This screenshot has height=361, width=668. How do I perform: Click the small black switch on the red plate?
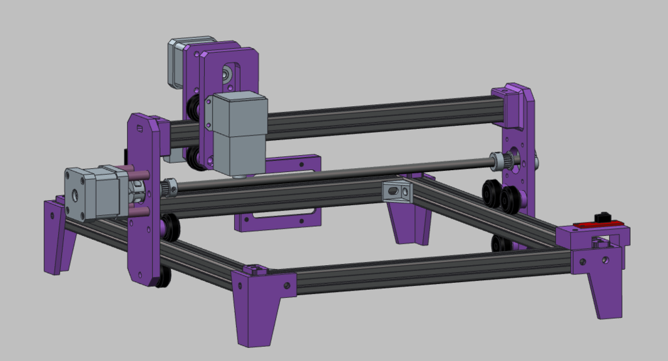[x=603, y=216]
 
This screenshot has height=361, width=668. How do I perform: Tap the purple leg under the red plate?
[x=604, y=287]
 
